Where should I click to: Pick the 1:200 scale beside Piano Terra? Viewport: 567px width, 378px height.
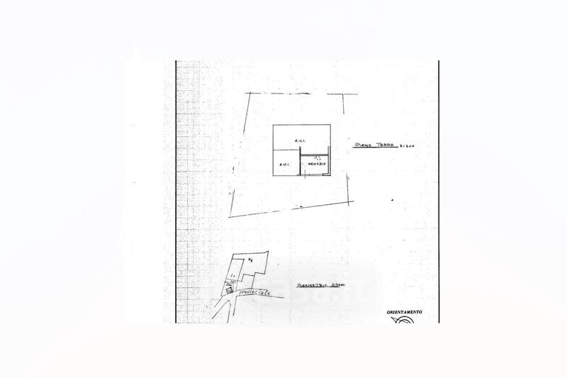[x=407, y=145]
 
